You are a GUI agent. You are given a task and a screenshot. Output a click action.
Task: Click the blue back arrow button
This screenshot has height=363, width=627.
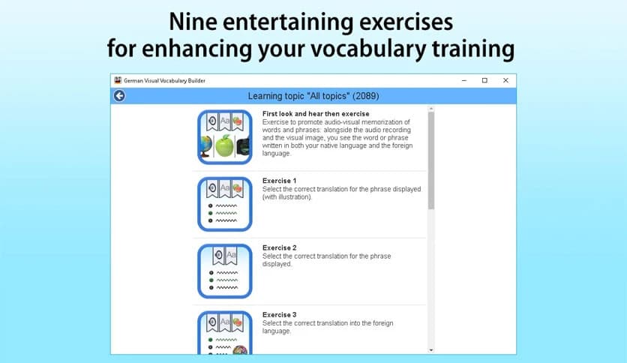pos(119,96)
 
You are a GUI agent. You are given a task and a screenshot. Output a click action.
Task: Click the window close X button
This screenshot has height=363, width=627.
pos(505,80)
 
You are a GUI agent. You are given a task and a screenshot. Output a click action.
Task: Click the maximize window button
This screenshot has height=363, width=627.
pos(484,80)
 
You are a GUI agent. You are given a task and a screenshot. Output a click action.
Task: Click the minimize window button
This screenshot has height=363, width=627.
pos(463,80)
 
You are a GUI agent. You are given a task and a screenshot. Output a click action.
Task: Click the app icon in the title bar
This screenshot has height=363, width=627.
pos(118,80)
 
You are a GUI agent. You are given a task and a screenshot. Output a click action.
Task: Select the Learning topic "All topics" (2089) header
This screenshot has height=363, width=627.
pos(313,96)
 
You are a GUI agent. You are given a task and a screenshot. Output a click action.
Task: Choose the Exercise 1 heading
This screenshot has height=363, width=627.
pos(279,181)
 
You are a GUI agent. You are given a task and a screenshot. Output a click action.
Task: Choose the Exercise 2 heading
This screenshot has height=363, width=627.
pos(279,247)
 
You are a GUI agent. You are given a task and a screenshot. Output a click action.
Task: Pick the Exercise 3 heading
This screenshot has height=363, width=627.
pos(279,314)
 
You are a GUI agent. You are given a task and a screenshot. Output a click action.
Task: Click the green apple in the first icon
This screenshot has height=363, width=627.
pos(225,146)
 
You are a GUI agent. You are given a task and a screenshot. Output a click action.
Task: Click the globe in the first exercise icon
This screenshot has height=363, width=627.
pos(205,146)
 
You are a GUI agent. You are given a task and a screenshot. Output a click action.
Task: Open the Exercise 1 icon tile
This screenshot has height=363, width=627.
pos(224,203)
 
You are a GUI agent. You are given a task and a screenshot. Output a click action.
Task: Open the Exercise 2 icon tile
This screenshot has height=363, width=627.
pos(224,270)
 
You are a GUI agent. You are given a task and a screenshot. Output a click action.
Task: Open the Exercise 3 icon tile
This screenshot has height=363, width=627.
pos(224,332)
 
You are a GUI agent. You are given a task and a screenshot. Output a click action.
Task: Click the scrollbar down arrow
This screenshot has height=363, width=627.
pos(430,349)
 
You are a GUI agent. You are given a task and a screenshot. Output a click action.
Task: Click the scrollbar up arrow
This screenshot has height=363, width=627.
pos(430,109)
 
